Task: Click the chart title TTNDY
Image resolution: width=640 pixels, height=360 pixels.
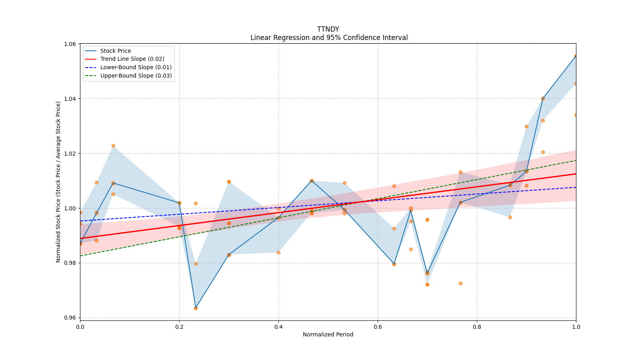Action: (x=328, y=29)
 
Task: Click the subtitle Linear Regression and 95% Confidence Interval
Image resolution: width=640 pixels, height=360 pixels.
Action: (x=329, y=38)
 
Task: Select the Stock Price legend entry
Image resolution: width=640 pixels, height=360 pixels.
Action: (x=115, y=51)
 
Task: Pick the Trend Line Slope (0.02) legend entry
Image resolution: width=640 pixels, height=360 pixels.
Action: (x=132, y=59)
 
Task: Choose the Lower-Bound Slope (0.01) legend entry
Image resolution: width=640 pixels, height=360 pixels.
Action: (x=136, y=67)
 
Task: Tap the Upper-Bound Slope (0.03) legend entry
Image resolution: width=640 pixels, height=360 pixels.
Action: (x=136, y=76)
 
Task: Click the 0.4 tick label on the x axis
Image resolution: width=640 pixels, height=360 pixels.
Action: (x=278, y=327)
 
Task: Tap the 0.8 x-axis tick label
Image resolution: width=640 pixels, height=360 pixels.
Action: (x=477, y=327)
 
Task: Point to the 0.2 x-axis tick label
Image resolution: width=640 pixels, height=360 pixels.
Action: (x=179, y=327)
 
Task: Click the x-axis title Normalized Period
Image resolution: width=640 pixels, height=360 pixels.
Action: (x=328, y=334)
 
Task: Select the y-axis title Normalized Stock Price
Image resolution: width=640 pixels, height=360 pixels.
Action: (x=58, y=182)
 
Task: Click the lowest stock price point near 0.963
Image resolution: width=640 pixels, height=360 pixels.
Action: (x=196, y=308)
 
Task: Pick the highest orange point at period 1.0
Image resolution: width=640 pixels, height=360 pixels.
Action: (x=576, y=56)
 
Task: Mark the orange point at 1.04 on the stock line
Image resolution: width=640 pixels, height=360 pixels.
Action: (x=543, y=98)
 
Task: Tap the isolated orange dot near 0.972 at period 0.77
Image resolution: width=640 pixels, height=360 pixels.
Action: (x=460, y=283)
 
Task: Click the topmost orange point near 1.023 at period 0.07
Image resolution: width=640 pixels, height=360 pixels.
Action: (x=113, y=146)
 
